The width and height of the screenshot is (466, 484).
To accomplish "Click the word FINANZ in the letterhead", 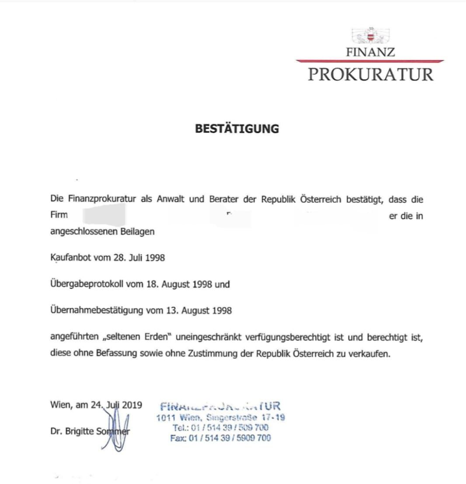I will [x=371, y=52].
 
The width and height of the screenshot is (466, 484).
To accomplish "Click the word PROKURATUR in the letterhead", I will [x=371, y=74].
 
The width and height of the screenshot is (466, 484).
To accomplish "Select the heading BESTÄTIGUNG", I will [x=236, y=129].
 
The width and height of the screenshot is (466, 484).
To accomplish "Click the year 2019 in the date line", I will [x=132, y=405].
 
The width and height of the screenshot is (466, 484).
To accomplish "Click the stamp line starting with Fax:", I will [x=220, y=438].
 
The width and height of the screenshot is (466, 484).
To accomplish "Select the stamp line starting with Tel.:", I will [x=220, y=428].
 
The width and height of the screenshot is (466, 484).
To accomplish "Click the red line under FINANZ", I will [x=370, y=61].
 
